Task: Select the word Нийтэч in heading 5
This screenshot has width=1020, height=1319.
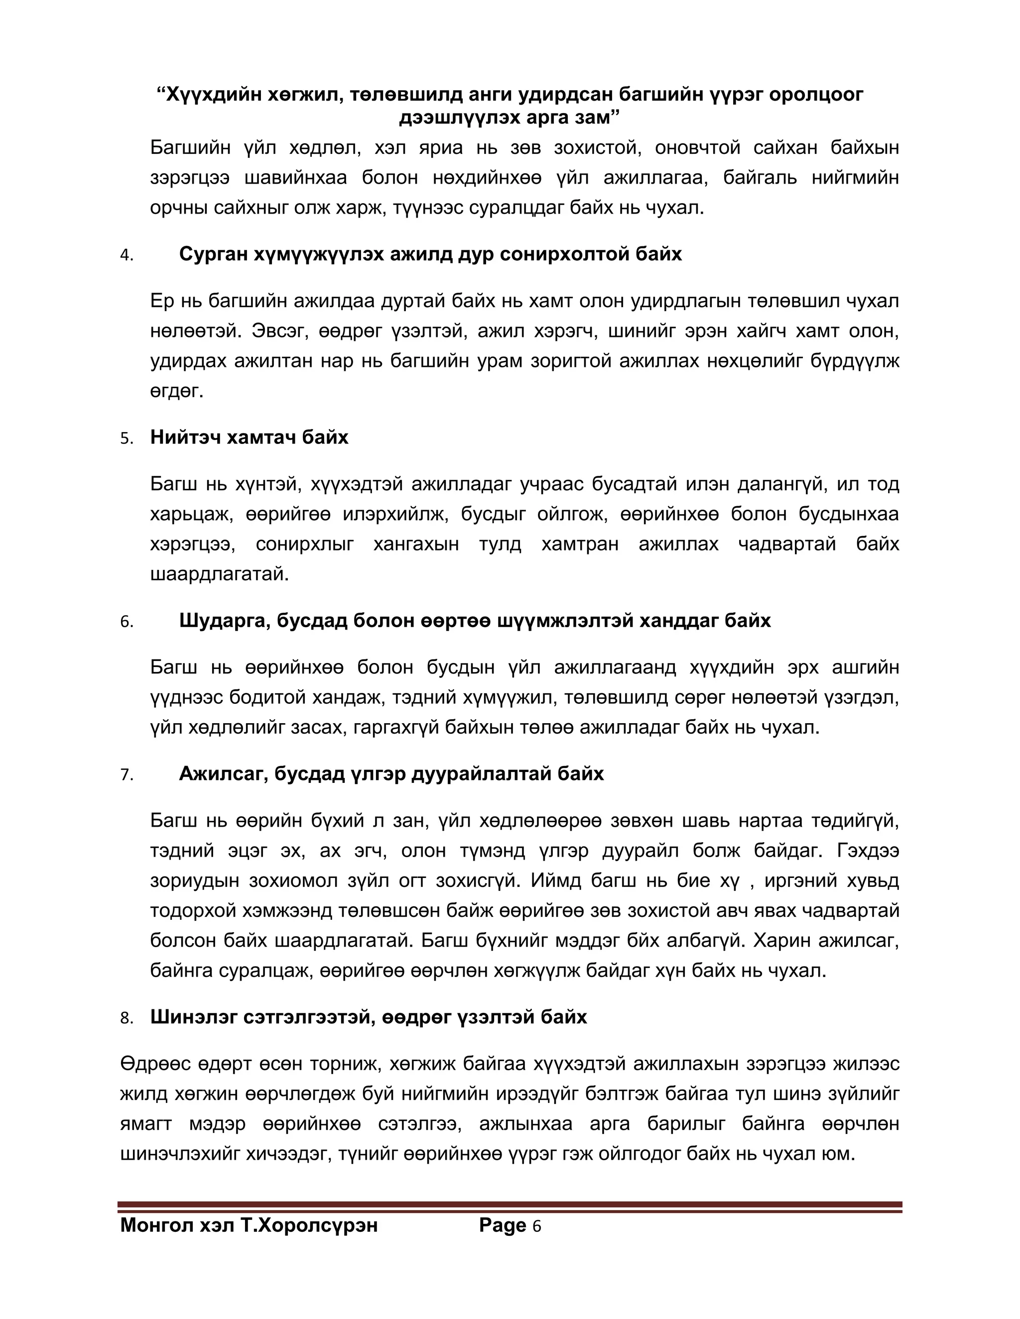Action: [185, 437]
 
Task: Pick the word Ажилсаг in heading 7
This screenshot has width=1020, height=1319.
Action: [223, 773]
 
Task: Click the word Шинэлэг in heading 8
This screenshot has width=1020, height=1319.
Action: [193, 1017]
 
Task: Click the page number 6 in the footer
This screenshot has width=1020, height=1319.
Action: [536, 1226]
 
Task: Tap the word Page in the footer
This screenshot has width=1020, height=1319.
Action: [502, 1225]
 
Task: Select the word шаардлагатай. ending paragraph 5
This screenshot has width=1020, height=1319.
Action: [219, 574]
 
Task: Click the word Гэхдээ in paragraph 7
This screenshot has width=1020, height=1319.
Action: [868, 851]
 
